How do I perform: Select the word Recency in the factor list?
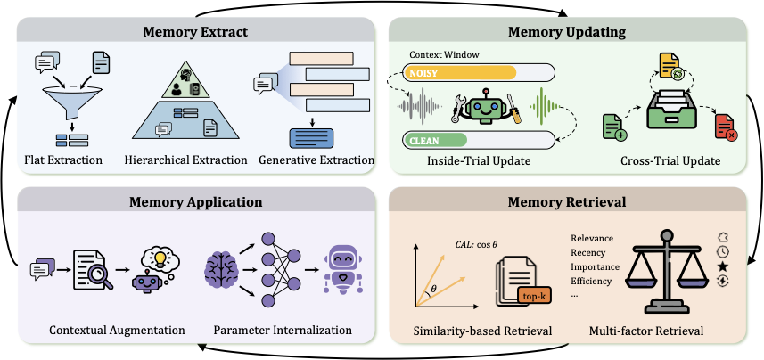pyautogui.click(x=589, y=252)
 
